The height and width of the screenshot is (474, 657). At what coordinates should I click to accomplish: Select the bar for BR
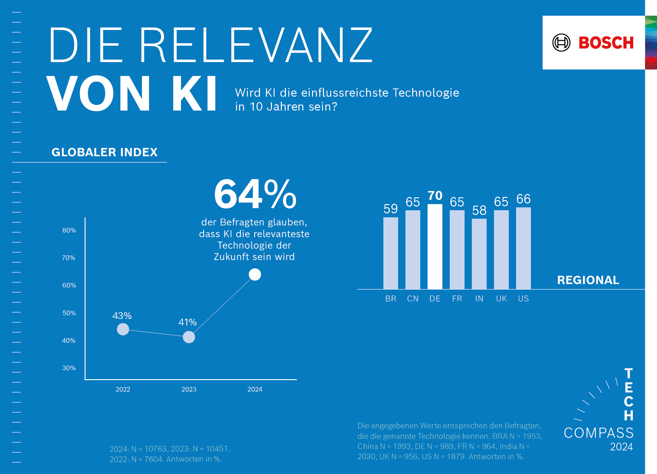pyautogui.click(x=391, y=253)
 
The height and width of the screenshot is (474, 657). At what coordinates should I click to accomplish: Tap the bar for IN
pyautogui.click(x=479, y=254)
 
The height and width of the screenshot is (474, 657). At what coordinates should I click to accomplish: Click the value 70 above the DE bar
pyautogui.click(x=435, y=195)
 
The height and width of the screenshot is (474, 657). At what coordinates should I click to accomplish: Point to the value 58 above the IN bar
pyautogui.click(x=479, y=211)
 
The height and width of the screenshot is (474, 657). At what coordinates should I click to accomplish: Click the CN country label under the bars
pyautogui.click(x=413, y=299)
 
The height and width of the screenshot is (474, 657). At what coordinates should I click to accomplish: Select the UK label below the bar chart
pyautogui.click(x=501, y=299)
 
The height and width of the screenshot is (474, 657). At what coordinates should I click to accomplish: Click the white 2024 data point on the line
pyautogui.click(x=255, y=275)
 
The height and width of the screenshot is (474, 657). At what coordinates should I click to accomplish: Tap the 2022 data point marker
pyautogui.click(x=123, y=329)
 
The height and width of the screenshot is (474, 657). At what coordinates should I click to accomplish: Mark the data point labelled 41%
pyautogui.click(x=189, y=337)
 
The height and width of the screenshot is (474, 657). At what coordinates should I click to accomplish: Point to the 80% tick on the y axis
pyautogui.click(x=69, y=230)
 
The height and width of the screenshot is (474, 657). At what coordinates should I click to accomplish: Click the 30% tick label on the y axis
pyautogui.click(x=69, y=368)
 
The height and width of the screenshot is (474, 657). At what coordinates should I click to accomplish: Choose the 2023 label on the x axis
pyautogui.click(x=189, y=389)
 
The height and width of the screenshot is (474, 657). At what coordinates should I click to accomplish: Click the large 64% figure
pyautogui.click(x=255, y=195)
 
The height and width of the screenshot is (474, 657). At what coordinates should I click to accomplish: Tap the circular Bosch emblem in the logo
pyautogui.click(x=561, y=43)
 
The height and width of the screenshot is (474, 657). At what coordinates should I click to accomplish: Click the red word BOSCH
pyautogui.click(x=606, y=43)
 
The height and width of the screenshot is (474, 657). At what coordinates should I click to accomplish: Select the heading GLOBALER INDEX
pyautogui.click(x=104, y=152)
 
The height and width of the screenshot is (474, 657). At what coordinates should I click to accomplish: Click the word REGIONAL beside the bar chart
pyautogui.click(x=588, y=280)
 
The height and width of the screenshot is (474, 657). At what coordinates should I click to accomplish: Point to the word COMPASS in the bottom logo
pyautogui.click(x=599, y=433)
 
